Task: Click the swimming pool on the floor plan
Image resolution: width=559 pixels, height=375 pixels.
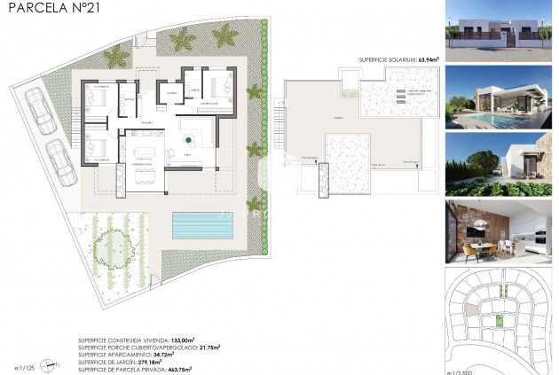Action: coord(203,225)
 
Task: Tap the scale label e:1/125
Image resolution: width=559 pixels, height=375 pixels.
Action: coord(26,365)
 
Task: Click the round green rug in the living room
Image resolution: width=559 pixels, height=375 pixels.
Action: coord(187,138)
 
